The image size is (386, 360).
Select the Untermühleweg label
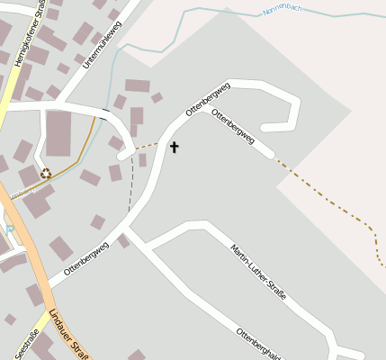pos(100,46)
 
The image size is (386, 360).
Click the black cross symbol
pos(174,146)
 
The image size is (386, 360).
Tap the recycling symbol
pos(46,174)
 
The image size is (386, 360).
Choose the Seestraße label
pos(27,345)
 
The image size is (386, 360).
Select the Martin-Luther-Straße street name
pos(258,272)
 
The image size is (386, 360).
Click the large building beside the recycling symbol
pos(58,133)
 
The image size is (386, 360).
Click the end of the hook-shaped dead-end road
pos(263,125)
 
